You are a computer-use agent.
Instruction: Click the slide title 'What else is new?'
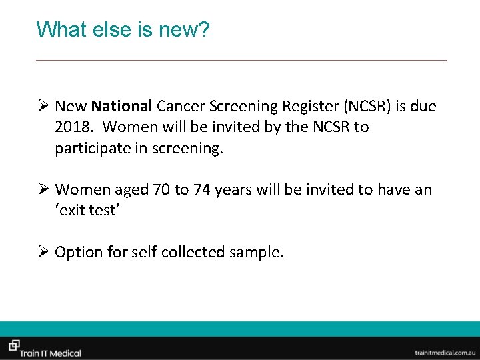pos(123,30)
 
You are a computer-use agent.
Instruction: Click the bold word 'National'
pos(123,106)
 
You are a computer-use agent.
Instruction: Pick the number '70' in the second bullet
pos(161,190)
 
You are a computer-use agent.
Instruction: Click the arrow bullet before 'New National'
pos(43,106)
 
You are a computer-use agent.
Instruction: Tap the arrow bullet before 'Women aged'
pos(43,190)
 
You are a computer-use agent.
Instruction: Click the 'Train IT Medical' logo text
pos(51,353)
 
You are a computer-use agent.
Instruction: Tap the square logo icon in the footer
pos(13,345)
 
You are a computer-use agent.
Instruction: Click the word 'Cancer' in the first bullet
pos(182,106)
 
